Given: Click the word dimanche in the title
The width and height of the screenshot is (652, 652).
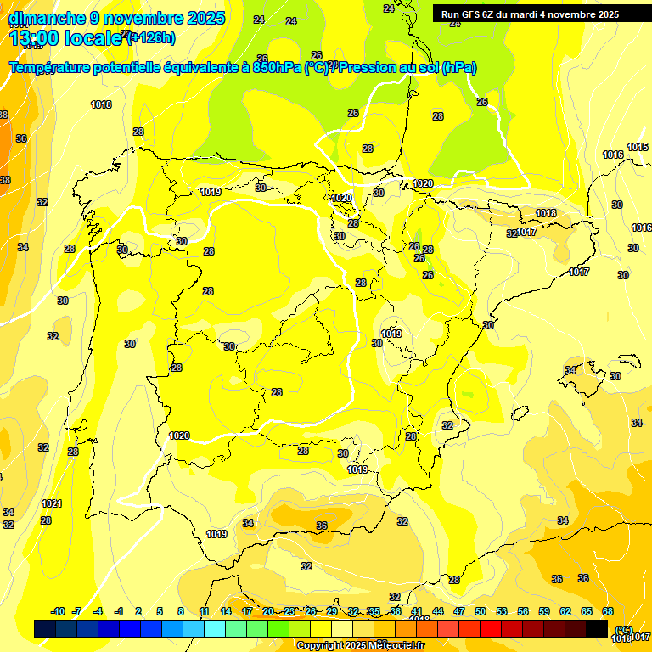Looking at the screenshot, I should pos(46,18).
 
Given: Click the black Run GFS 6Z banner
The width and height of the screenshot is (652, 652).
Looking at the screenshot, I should pos(530,14).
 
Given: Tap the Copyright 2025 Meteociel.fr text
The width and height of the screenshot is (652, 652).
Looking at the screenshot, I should pos(360,646).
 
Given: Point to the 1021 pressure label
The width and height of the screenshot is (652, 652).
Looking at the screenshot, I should pos(52,503).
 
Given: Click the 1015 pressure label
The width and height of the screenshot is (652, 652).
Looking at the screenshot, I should pos(638,147).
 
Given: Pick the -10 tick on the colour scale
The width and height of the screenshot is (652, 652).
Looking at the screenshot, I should pos(58,611).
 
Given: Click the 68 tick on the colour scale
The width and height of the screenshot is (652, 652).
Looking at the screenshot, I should pos(608,611).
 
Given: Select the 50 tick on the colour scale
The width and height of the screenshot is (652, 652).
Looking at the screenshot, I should pos(481,611).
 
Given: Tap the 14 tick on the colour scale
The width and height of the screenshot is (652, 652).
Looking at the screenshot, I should pos(226,611).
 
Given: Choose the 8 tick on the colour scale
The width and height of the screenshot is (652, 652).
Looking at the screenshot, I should pos(181,611).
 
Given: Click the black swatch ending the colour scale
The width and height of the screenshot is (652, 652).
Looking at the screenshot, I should pos(597,628).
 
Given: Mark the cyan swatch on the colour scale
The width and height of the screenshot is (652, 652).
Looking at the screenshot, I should pos(215,628).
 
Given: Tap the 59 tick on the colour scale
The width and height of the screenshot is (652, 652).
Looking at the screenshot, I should pos(544,611).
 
